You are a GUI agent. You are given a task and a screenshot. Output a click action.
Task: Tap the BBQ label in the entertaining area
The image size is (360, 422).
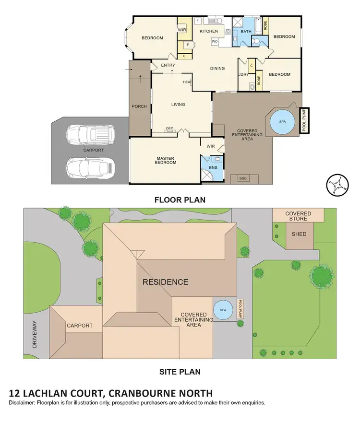[243, 178]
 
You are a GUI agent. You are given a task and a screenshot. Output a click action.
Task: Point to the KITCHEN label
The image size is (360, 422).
[209, 32]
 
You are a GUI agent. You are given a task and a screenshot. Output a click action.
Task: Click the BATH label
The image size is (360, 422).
[246, 32]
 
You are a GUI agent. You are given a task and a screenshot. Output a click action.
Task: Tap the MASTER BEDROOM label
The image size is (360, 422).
[165, 160]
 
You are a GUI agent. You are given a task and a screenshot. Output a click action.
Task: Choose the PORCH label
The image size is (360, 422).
[139, 106]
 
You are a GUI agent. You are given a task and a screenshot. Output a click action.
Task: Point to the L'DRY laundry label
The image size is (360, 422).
[243, 74]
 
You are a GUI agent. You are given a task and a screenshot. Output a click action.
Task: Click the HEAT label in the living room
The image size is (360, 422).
[187, 82]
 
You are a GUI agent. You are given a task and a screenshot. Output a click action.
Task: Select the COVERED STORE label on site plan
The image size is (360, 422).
[298, 216]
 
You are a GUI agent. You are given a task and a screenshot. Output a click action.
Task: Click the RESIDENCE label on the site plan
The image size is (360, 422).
[165, 282]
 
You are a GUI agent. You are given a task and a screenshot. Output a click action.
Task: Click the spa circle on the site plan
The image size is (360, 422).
[223, 310]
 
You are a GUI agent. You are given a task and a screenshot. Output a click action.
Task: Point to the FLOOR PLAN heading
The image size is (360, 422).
[180, 200]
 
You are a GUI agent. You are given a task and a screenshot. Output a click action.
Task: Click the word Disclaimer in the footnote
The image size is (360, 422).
[24, 403]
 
